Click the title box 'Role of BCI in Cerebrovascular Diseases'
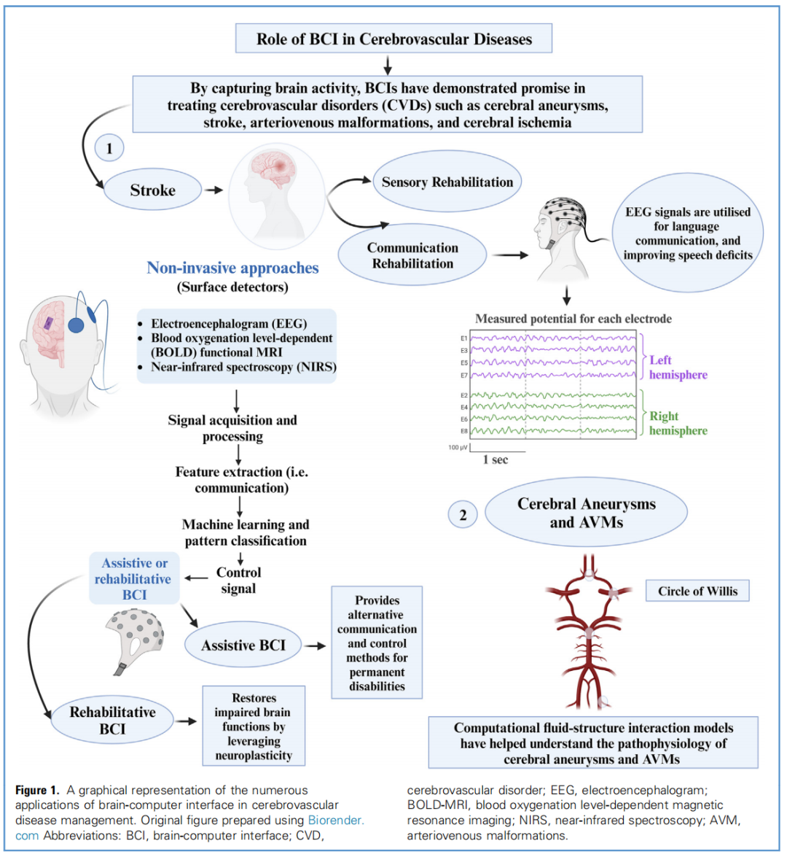[393, 39]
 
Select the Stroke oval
[152, 190]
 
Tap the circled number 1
[109, 149]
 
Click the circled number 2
[463, 515]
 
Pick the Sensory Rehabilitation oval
[447, 182]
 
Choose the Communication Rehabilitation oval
[412, 255]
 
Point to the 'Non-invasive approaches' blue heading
[232, 268]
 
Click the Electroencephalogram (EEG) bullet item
[228, 324]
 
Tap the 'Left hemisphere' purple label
[678, 368]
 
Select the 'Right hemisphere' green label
[678, 423]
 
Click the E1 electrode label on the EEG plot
[463, 338]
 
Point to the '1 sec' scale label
[496, 459]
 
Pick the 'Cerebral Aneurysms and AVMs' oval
[586, 513]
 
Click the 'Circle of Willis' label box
[697, 591]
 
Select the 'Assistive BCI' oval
[243, 645]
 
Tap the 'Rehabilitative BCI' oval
[112, 720]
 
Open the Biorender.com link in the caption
[335, 821]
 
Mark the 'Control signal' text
[238, 581]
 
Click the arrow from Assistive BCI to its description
[315, 645]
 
